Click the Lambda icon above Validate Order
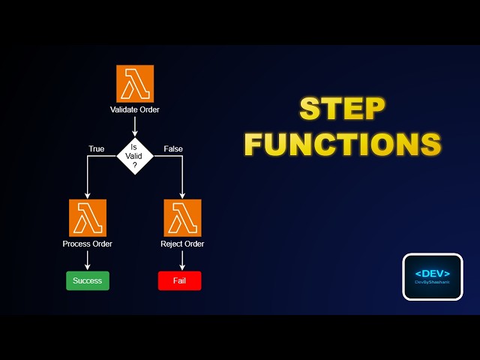pos(135,83)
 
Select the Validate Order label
pos(135,109)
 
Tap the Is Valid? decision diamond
pos(135,157)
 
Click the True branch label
pos(96,148)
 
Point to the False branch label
pos(173,148)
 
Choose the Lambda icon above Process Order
pos(88,217)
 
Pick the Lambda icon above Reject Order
pos(182,217)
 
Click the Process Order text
pos(88,244)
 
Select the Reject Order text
pos(182,244)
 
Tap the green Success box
pos(88,281)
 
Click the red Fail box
pos(180,281)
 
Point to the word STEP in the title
pos(342,109)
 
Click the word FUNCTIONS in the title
pos(342,144)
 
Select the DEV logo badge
pos(432,277)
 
